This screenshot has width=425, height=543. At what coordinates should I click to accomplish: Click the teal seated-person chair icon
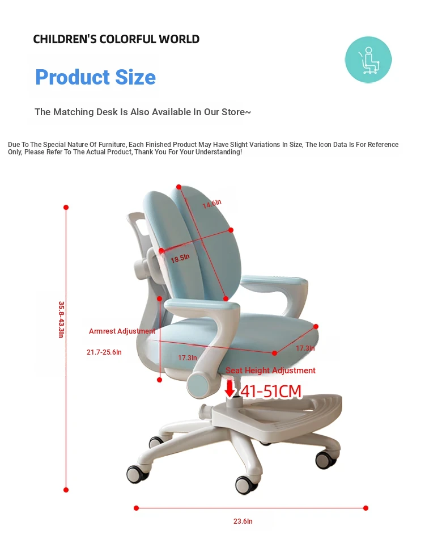(x=368, y=60)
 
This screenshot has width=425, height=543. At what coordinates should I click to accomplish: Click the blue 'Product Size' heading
(x=95, y=77)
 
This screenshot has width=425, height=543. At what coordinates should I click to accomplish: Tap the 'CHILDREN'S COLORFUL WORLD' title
(x=116, y=39)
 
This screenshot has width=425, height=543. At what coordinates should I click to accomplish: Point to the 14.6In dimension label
(x=211, y=204)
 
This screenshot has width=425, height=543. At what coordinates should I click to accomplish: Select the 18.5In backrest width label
(x=180, y=258)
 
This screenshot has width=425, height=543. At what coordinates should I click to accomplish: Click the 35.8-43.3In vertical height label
(x=61, y=319)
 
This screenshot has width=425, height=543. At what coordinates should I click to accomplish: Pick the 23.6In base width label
(x=243, y=521)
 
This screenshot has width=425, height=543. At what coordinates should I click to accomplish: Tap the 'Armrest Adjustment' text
(x=122, y=331)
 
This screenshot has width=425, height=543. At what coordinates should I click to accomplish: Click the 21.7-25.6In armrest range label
(x=104, y=352)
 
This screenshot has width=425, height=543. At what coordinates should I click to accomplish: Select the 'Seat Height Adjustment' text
(x=270, y=371)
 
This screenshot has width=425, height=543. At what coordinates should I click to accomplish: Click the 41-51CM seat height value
(x=271, y=392)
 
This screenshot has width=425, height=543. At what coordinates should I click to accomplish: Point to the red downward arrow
(x=230, y=389)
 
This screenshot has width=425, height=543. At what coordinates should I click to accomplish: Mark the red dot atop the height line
(x=66, y=208)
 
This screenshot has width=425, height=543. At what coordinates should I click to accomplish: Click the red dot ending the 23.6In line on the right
(x=366, y=508)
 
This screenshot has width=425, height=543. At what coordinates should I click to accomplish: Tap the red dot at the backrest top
(x=179, y=187)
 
